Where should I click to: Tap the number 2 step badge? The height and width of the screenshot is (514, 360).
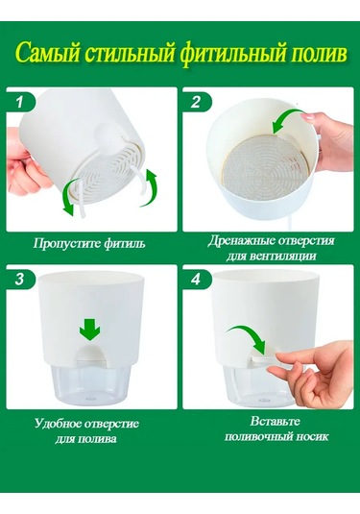pos(198,101)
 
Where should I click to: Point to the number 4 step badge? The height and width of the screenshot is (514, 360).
pos(198,280)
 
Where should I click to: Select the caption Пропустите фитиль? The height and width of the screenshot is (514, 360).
pos(90,243)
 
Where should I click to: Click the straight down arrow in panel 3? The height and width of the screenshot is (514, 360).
pos(89,330)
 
